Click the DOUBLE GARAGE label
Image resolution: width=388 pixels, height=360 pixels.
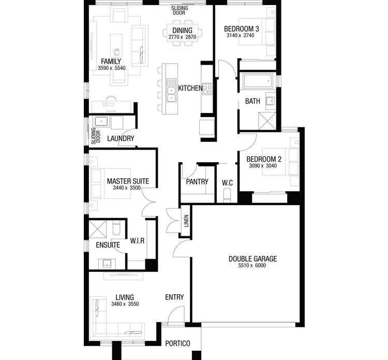[253, 258]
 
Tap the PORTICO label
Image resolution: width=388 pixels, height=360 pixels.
[177, 343]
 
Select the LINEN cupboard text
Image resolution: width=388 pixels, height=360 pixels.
[186, 221]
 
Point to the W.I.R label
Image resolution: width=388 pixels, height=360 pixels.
[137, 240]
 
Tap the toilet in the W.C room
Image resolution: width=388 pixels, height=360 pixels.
[227, 195]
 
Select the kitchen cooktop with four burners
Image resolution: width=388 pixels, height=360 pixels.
[207, 89]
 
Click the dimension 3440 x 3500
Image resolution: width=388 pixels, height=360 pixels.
[128, 189]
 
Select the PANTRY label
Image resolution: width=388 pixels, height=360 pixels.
[197, 182]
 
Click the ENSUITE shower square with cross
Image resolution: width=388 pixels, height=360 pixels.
[97, 229]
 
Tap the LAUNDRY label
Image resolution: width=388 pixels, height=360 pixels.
[121, 139]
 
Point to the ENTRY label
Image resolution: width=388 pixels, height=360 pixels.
[174, 297]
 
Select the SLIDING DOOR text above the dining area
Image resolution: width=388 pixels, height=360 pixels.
[180, 10]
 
